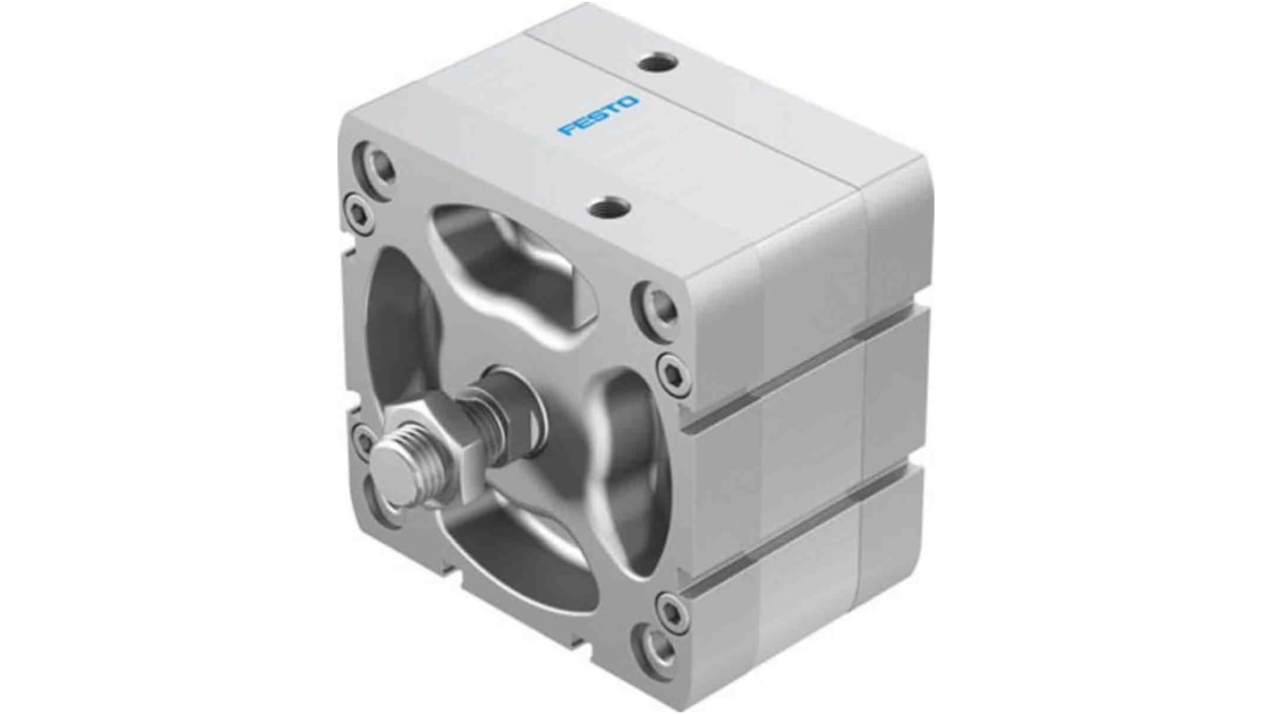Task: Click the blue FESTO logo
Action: (x=600, y=116)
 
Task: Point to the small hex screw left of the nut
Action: (x=363, y=439)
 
